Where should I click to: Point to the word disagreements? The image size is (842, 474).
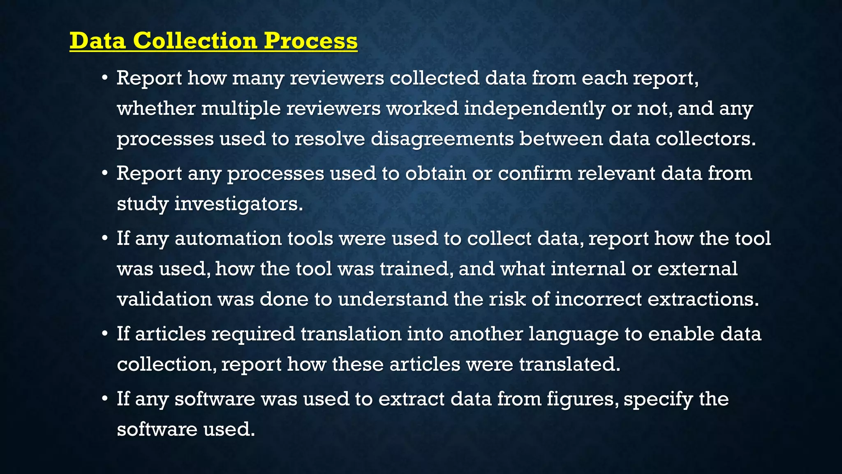pos(442,139)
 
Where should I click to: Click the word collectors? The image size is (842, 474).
pos(706,139)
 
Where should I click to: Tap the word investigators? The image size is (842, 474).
pos(238,204)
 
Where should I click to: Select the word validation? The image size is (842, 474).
pos(164,299)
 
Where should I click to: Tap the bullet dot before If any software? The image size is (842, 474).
pos(105,398)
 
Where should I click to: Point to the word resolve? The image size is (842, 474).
pos(330,139)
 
